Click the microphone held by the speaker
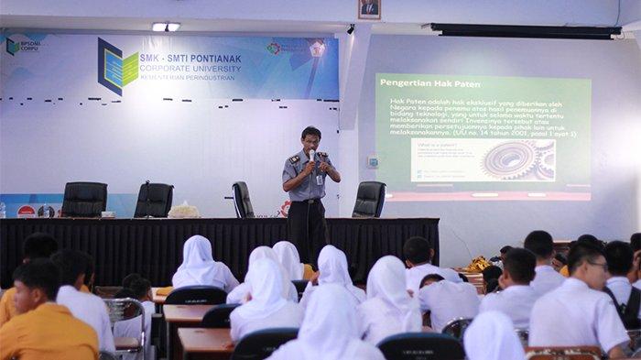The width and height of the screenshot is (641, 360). (311, 157)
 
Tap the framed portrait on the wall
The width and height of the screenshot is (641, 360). (369, 9)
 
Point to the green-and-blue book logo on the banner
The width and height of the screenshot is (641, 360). (116, 66)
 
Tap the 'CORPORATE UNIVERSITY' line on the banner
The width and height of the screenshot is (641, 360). (190, 69)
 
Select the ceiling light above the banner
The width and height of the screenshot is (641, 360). (166, 27)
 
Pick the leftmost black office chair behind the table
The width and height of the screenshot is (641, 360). (85, 198)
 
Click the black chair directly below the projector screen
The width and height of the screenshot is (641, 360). (369, 198)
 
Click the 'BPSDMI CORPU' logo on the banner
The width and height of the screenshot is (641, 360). (23, 45)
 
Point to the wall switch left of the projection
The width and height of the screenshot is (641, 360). (373, 160)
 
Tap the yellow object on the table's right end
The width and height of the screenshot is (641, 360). (478, 264)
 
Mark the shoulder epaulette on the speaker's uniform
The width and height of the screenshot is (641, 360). (294, 158)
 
